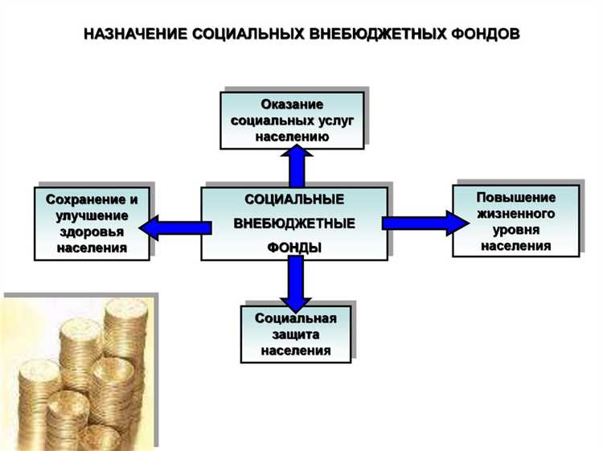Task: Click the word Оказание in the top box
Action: click(292, 105)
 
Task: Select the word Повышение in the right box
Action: click(515, 198)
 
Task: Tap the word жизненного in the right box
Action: click(515, 214)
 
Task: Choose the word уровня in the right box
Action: click(515, 230)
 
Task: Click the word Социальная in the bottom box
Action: click(295, 318)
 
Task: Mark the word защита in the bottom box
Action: click(295, 334)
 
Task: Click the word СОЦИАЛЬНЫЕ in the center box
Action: click(294, 199)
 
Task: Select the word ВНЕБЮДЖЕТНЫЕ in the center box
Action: click(294, 223)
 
